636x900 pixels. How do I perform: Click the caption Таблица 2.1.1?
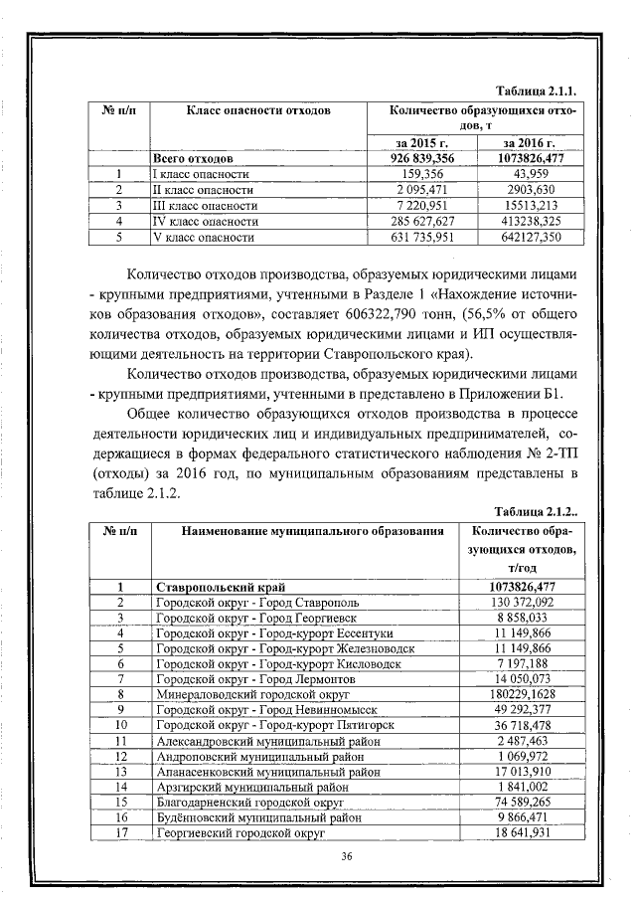539,90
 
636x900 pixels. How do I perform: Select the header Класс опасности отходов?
258,109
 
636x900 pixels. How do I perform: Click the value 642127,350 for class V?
527,238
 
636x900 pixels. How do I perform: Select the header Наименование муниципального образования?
298,530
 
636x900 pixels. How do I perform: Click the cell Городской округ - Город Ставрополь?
250,603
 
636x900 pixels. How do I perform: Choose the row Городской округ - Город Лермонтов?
248,678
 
